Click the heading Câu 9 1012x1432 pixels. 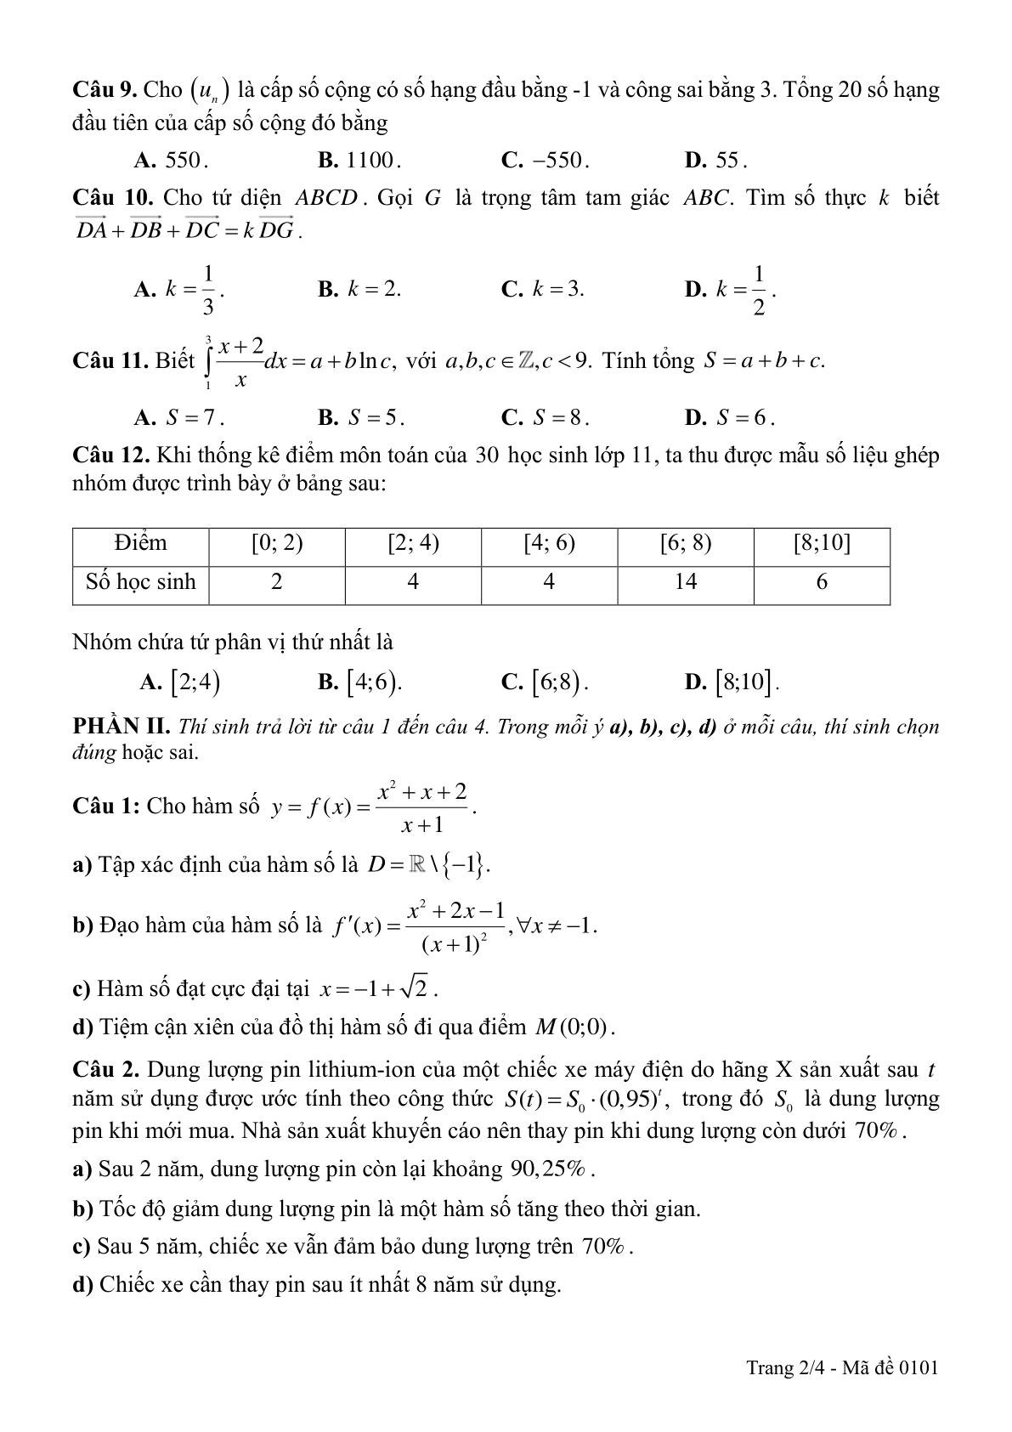pos(105,90)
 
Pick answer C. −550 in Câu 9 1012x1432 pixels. pos(546,161)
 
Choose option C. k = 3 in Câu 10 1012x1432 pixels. pos(544,289)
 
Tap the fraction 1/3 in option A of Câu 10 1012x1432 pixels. pos(207,289)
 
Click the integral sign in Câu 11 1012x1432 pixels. pos(207,362)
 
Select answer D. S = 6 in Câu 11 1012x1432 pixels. pos(730,417)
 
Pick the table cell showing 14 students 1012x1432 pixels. pos(685,582)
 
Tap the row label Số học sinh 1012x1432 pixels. pos(141,582)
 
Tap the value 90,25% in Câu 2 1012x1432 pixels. pos(549,1169)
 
